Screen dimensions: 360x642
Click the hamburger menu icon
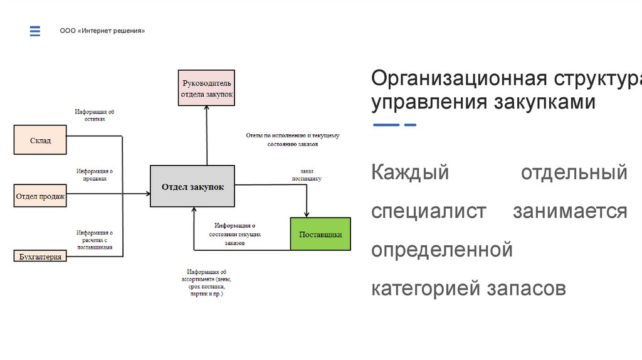(x=35, y=31)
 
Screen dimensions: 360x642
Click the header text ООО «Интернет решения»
(x=102, y=31)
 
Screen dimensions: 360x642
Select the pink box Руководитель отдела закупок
(x=206, y=88)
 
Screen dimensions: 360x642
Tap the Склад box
(x=40, y=140)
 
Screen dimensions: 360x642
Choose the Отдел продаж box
(x=40, y=197)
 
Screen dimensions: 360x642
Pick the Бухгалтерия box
(x=40, y=256)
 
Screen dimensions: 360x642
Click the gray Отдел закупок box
(x=192, y=186)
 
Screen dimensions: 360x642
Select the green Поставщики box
(x=320, y=235)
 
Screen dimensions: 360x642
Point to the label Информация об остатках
(x=95, y=115)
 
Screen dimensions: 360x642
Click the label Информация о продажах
(x=95, y=174)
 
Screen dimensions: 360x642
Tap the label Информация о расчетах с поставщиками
(x=95, y=240)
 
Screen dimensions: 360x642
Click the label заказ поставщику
(x=307, y=174)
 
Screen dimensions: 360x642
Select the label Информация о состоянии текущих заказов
(x=234, y=233)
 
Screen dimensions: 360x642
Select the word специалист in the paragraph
(x=428, y=211)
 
